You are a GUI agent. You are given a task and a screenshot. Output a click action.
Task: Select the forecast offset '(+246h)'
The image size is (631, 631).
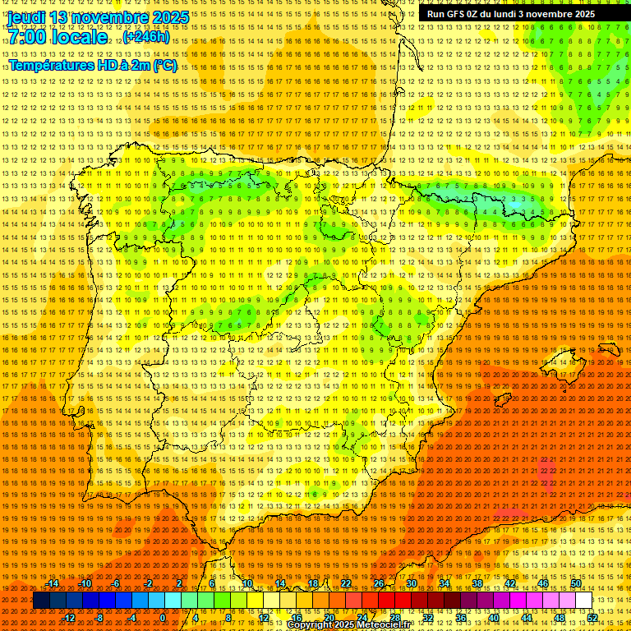click(146, 37)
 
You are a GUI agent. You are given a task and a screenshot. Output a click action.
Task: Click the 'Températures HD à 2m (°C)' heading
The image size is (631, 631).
click(92, 65)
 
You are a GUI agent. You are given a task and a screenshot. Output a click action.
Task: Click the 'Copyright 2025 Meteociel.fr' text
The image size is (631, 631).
click(348, 624)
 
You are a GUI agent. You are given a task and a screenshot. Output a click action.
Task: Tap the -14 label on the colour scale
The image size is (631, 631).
click(53, 583)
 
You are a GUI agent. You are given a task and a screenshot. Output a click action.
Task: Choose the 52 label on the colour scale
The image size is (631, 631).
click(592, 617)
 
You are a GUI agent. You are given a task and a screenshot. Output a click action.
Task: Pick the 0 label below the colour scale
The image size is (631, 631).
click(163, 617)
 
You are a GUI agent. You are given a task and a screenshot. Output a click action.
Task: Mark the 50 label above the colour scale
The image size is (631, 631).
click(576, 583)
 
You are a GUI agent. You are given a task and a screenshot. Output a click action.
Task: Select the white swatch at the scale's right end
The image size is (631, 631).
click(584, 601)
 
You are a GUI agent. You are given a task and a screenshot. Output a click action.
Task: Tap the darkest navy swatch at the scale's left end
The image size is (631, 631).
click(41, 601)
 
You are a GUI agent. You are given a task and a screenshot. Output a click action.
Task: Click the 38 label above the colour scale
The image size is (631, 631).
click(477, 583)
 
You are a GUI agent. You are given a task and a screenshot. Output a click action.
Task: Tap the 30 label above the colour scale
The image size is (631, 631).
click(412, 583)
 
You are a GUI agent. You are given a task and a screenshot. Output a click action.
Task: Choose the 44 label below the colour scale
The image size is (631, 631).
click(527, 617)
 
